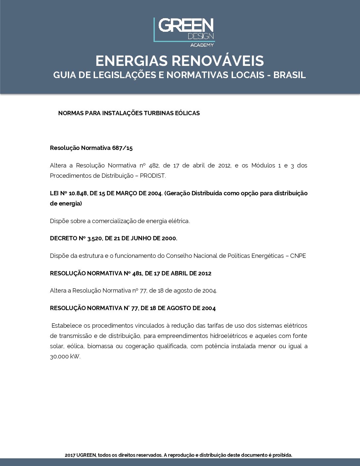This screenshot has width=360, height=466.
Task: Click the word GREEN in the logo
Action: pos(186,25)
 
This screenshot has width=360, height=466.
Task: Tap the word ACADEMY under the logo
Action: pos(202,45)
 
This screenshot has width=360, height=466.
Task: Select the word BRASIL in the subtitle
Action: pos(290,75)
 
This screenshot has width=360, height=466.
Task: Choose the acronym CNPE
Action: pos(298,256)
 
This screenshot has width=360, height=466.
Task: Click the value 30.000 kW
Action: pos(65,357)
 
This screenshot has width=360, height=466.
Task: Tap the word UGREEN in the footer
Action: pos(86,455)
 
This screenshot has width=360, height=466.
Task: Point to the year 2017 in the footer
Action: pos(70,455)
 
